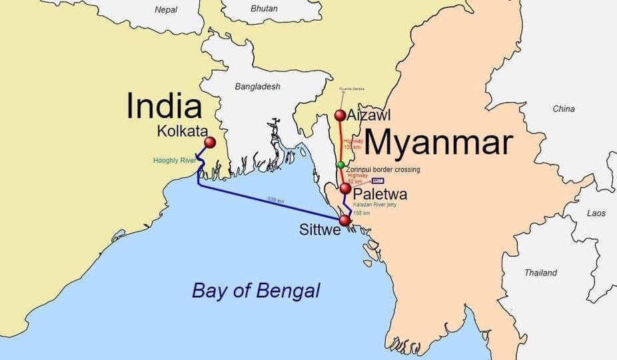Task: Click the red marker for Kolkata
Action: (x=210, y=143)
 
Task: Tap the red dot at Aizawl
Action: (x=340, y=115)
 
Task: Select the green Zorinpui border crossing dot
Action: (x=341, y=165)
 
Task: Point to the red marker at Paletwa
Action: (x=345, y=189)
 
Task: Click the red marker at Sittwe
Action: (x=344, y=220)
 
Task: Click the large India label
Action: (x=164, y=106)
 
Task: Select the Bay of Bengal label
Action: (x=256, y=291)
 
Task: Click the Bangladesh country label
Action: (x=258, y=87)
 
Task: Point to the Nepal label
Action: (x=166, y=10)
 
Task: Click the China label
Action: (x=563, y=109)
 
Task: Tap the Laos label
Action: (x=596, y=213)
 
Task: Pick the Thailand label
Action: (x=540, y=273)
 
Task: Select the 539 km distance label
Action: (x=276, y=199)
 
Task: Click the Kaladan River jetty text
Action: (x=374, y=205)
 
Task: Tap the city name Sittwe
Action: (x=319, y=231)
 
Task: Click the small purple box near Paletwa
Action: (x=378, y=181)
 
